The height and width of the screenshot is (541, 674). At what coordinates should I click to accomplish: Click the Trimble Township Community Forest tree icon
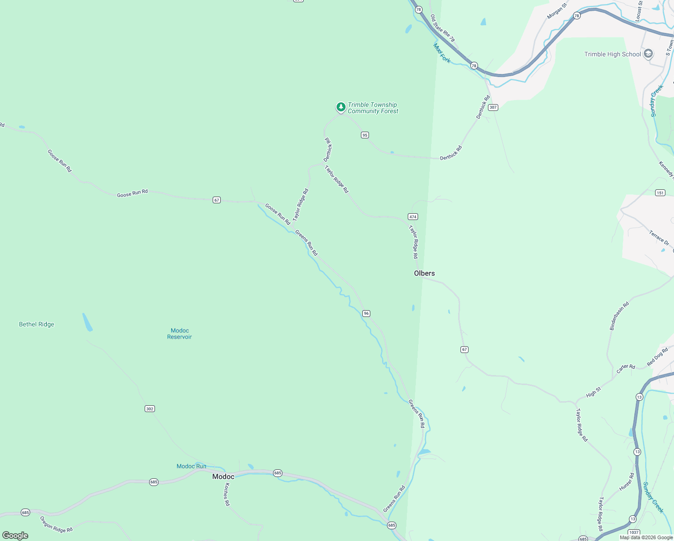click(341, 107)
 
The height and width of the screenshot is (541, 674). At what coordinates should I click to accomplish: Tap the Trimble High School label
click(612, 54)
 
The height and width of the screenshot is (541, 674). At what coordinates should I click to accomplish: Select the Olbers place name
click(424, 273)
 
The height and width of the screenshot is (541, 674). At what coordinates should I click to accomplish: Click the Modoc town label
click(223, 477)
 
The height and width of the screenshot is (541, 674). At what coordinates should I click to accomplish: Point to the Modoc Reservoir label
click(179, 334)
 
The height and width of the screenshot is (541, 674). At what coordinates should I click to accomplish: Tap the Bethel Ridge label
click(36, 324)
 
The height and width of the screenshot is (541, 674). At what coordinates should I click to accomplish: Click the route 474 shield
click(413, 216)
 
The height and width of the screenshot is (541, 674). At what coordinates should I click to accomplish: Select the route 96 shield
click(366, 313)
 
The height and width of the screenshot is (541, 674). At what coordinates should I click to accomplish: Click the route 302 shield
click(150, 409)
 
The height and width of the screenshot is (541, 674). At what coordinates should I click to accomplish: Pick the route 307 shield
click(493, 107)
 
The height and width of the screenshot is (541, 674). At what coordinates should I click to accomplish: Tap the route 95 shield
click(364, 135)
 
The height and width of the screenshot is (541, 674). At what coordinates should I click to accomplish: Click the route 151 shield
click(660, 193)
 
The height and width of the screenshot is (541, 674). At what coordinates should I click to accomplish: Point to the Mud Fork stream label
click(442, 53)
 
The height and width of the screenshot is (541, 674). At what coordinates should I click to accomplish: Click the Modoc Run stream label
click(191, 466)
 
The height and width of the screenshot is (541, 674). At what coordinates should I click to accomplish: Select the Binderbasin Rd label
click(619, 316)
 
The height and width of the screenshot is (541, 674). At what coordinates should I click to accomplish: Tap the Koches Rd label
click(227, 494)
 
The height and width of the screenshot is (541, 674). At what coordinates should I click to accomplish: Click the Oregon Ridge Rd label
click(56, 524)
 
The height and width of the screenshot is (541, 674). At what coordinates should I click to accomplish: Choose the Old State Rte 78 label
click(442, 28)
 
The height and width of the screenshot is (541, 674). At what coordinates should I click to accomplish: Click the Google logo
click(15, 536)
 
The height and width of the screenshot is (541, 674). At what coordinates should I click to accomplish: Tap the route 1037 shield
click(633, 532)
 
